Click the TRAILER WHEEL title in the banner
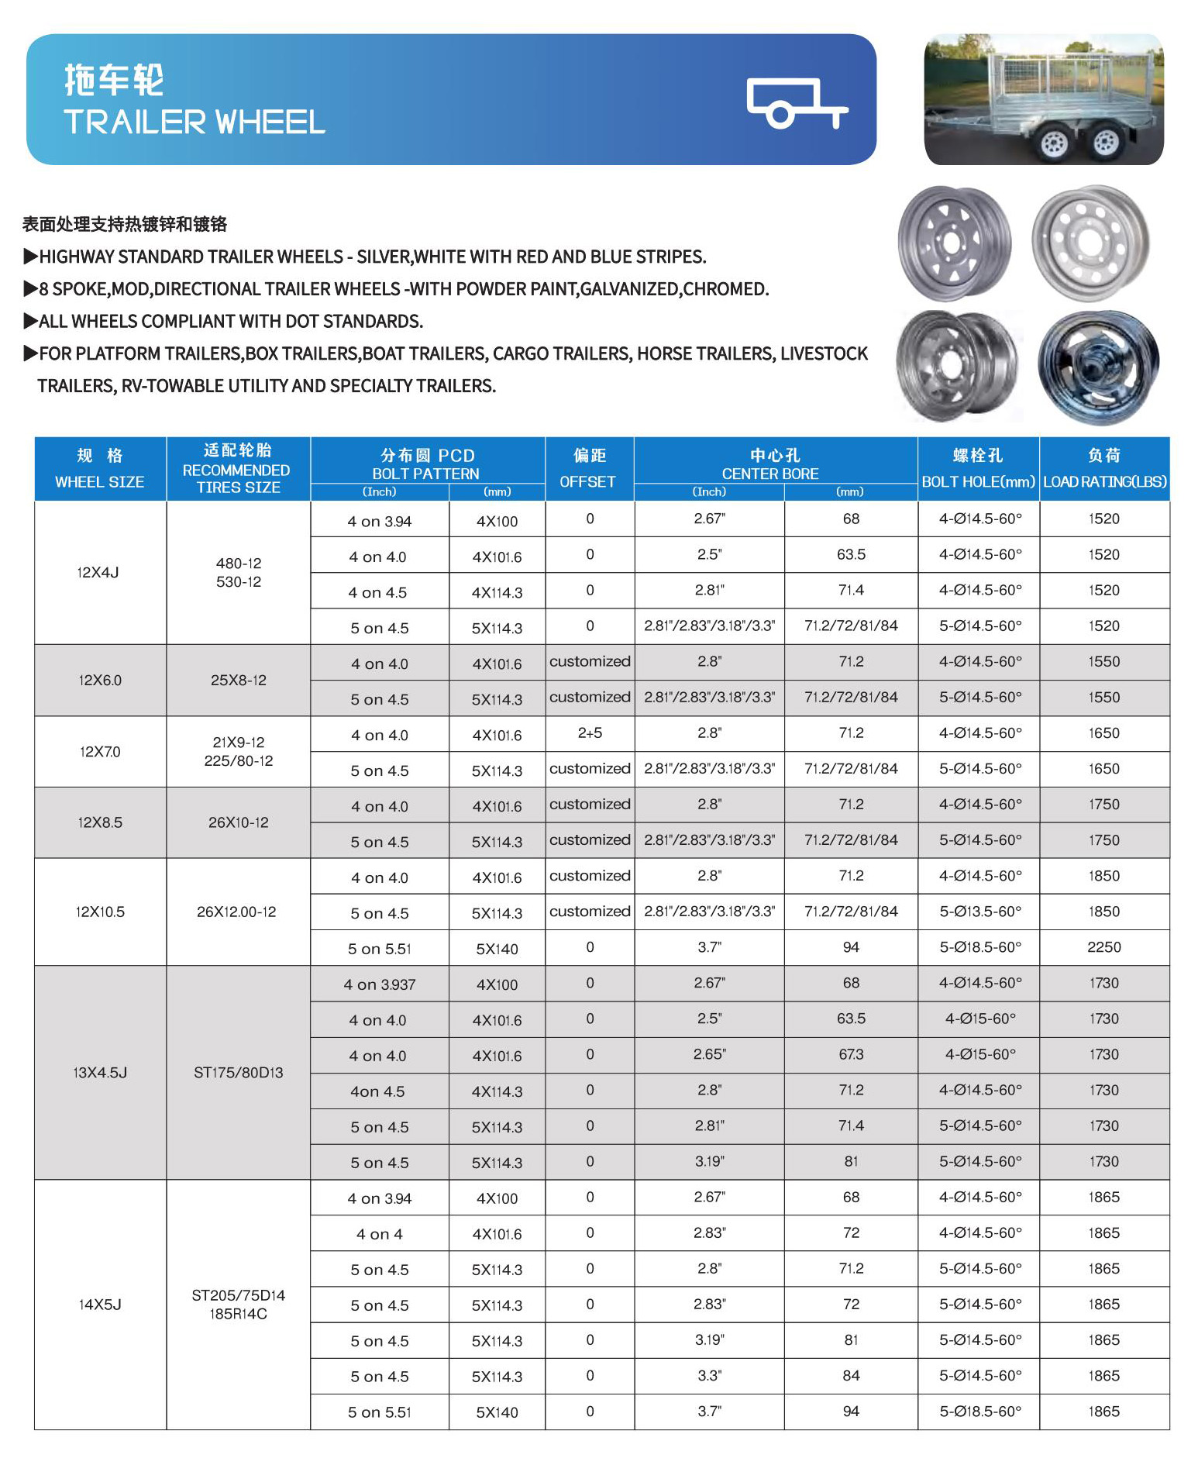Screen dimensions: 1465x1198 tap(194, 122)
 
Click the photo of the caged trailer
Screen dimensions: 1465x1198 tap(1043, 99)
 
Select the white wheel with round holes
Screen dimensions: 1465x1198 tap(1090, 243)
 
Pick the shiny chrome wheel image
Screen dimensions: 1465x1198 tap(1098, 367)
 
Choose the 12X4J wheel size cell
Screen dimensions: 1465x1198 tap(98, 573)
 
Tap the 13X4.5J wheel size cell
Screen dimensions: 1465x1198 tap(100, 1073)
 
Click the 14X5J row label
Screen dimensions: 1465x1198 tap(100, 1305)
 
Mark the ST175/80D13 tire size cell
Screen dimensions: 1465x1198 tap(239, 1073)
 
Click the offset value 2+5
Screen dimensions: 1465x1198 tap(590, 733)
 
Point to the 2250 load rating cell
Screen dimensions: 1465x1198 tap(1104, 947)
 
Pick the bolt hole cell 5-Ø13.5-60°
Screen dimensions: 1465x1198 tap(980, 912)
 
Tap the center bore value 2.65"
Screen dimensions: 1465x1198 tap(709, 1055)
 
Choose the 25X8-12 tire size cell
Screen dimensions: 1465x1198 tap(239, 681)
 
